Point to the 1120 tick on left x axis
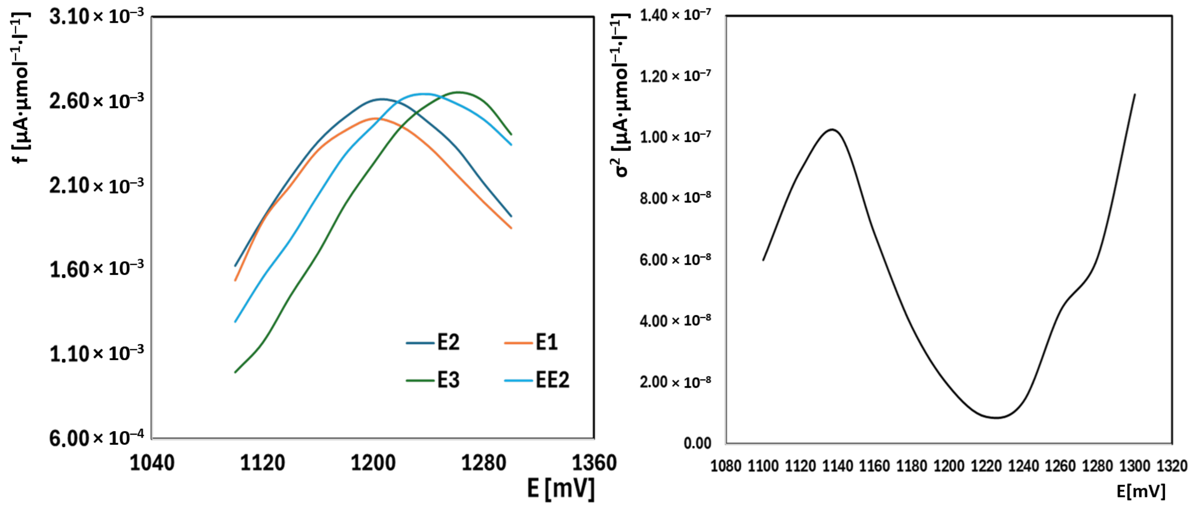(262, 462)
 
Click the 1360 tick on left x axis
(594, 462)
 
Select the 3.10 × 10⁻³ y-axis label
(96, 17)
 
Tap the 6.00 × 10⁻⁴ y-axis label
(96, 438)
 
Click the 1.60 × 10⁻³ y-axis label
(96, 269)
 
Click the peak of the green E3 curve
(458, 92)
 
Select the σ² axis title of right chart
(620, 95)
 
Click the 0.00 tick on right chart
(697, 443)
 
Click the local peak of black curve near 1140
(832, 129)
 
